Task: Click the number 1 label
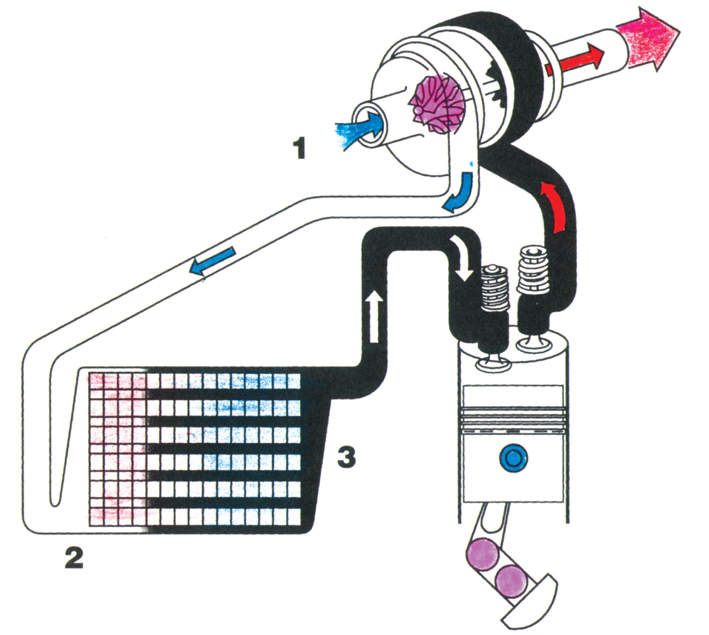coord(300,148)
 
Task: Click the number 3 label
coord(347,457)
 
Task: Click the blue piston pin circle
coord(514,458)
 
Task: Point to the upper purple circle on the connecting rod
coord(483,555)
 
